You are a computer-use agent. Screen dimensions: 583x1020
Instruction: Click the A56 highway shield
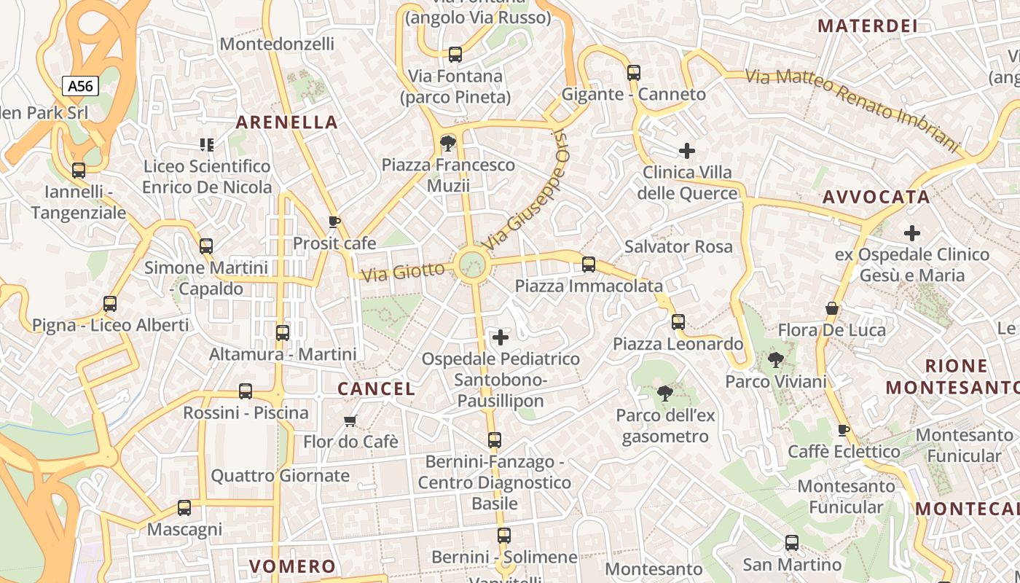[x=80, y=86]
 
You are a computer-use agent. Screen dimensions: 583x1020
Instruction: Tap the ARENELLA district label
[x=287, y=122]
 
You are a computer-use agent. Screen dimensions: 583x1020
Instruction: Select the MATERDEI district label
[x=866, y=26]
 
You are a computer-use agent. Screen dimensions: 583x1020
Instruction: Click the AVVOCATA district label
[x=876, y=197]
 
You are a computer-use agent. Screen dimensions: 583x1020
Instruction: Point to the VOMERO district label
[x=292, y=566]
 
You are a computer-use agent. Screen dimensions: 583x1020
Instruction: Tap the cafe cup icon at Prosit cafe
[x=334, y=222]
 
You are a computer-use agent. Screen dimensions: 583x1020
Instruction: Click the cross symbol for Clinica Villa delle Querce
[x=686, y=151]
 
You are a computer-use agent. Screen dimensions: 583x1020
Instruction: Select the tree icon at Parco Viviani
[x=776, y=359]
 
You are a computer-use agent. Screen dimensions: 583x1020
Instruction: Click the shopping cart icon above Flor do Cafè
[x=350, y=420]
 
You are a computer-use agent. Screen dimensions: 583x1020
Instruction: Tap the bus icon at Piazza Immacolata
[x=589, y=265]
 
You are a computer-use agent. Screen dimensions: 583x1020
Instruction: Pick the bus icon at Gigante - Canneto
[x=633, y=72]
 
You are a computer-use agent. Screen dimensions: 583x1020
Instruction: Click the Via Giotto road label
[x=403, y=273]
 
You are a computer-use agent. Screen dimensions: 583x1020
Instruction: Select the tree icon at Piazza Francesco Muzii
[x=447, y=143]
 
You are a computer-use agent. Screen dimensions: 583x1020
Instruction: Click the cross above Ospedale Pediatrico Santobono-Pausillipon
[x=501, y=337]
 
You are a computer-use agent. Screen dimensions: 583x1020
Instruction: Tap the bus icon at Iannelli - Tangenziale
[x=78, y=171]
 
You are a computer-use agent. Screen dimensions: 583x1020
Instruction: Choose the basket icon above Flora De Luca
[x=832, y=308]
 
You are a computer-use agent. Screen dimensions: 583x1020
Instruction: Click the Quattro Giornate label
[x=280, y=476]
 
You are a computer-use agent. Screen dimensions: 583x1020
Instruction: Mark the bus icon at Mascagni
[x=184, y=508]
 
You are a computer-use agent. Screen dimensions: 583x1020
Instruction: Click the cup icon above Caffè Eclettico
[x=844, y=430]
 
